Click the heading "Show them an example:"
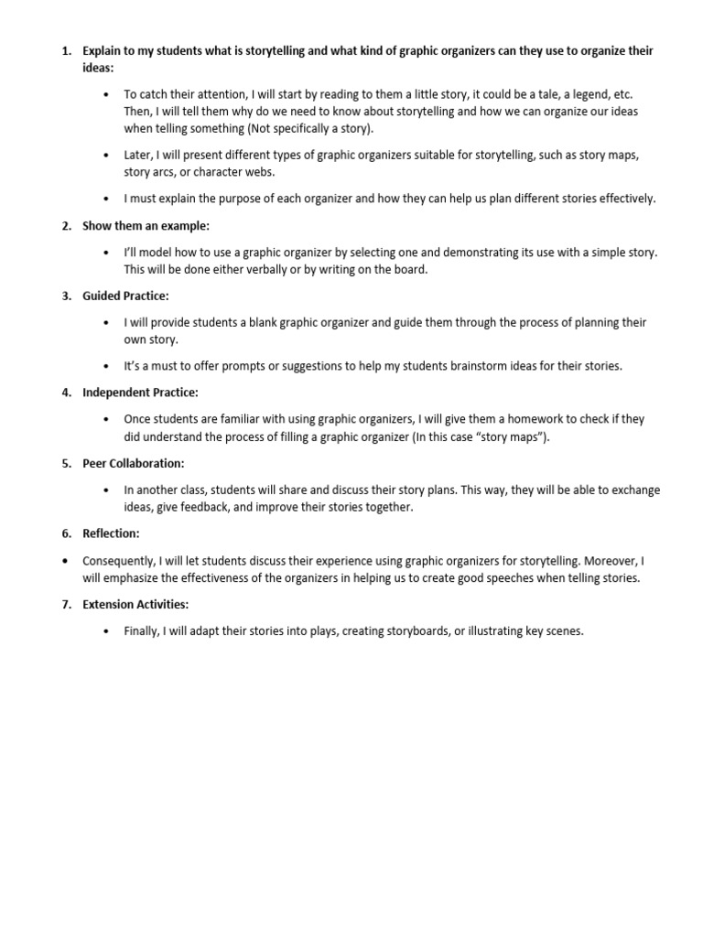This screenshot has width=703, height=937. point(133,226)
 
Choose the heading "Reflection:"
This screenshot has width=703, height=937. point(111,533)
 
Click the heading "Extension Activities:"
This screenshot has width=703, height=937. point(135,604)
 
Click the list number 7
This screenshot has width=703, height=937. point(66,604)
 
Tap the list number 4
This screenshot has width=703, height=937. point(66,393)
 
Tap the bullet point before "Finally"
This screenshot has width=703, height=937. point(107,631)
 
